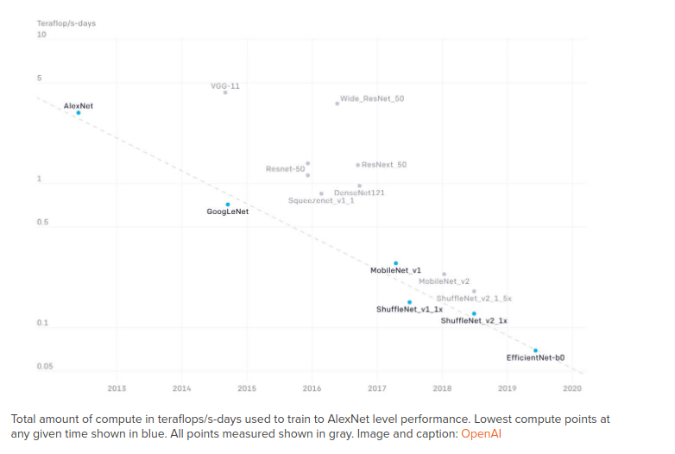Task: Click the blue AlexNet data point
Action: pyautogui.click(x=79, y=112)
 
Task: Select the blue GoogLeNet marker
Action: pyautogui.click(x=228, y=205)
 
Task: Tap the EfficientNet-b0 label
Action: pyautogui.click(x=535, y=357)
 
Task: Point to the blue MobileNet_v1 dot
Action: pyautogui.click(x=396, y=262)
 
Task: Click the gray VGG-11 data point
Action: pyautogui.click(x=225, y=92)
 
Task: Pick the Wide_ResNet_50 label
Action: pyautogui.click(x=372, y=98)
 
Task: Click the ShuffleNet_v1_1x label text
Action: pyautogui.click(x=409, y=309)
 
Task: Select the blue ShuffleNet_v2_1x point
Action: pyautogui.click(x=474, y=313)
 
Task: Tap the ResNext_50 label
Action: pyautogui.click(x=384, y=164)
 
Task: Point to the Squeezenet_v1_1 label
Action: pyautogui.click(x=321, y=200)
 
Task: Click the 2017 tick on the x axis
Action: pyautogui.click(x=377, y=388)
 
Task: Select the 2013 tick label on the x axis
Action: pyautogui.click(x=117, y=388)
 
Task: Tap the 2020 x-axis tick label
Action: pyautogui.click(x=572, y=388)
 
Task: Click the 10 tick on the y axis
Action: pyautogui.click(x=41, y=35)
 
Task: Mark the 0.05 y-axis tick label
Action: pyautogui.click(x=45, y=366)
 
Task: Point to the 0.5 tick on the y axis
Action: pyautogui.click(x=43, y=223)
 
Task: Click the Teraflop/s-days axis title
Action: pyautogui.click(x=66, y=22)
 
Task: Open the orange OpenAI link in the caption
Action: pyautogui.click(x=481, y=433)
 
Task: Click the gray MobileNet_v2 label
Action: pyautogui.click(x=444, y=281)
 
